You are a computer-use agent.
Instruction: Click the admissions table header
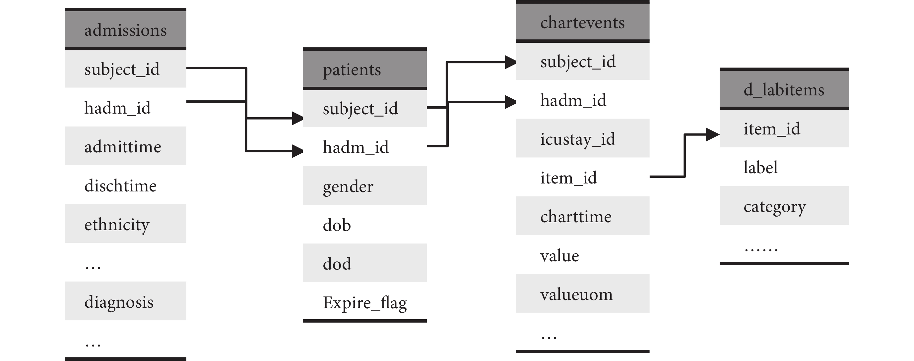pyautogui.click(x=126, y=29)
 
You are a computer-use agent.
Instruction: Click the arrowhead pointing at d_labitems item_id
pyautogui.click(x=712, y=134)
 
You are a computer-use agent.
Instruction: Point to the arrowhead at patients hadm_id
pyautogui.click(x=297, y=151)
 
